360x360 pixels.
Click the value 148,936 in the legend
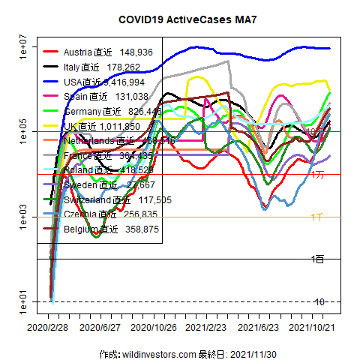136,52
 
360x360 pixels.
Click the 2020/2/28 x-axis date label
49,327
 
